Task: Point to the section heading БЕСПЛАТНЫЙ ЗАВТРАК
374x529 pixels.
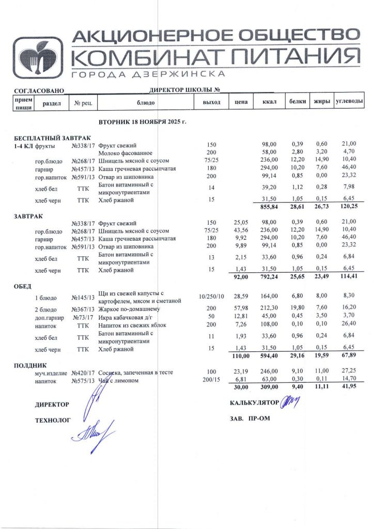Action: point(52,138)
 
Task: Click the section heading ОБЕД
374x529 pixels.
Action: point(23,286)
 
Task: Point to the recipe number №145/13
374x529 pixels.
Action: point(83,298)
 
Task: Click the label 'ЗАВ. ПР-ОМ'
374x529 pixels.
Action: point(250,418)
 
